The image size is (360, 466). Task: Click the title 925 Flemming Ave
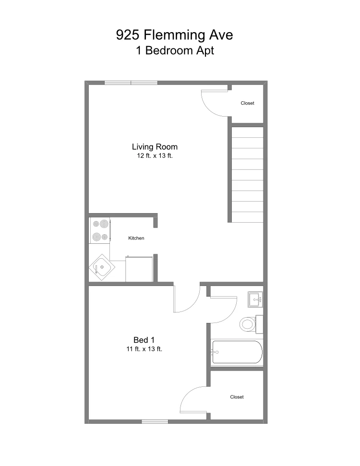coord(174,35)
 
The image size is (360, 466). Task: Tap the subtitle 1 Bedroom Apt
coord(175,50)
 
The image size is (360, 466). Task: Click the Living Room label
coord(155,147)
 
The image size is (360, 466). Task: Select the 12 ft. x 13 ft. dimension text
coord(155,155)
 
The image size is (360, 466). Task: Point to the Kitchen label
coord(136,238)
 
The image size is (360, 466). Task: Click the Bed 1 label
coord(144,340)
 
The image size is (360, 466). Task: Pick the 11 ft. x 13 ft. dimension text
coord(144,349)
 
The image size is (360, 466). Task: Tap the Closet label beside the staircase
coord(247,103)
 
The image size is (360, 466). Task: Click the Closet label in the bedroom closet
coord(237,397)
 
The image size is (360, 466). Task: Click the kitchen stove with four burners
coord(100,230)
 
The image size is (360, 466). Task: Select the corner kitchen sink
coord(102,267)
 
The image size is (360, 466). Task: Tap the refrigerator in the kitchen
coord(139,269)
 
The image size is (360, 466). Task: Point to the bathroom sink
coord(255,299)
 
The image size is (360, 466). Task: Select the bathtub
coord(237,352)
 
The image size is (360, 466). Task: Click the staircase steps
coord(247,175)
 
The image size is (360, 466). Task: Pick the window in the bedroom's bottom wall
coord(155,422)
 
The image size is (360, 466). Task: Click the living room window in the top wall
coord(131,83)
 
